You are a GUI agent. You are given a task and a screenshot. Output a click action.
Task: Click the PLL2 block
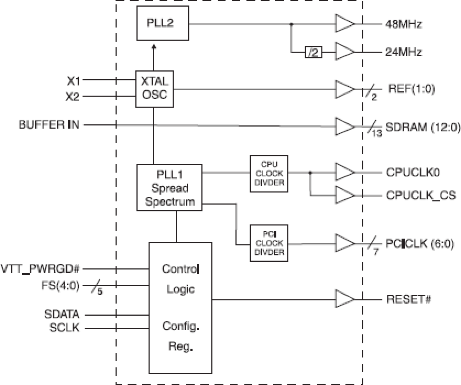pyautogui.click(x=163, y=23)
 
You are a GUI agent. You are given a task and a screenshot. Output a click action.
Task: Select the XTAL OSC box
pyautogui.click(x=155, y=89)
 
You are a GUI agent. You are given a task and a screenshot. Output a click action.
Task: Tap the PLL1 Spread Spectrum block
pyautogui.click(x=169, y=188)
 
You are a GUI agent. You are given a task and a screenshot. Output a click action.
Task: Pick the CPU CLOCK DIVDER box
pyautogui.click(x=269, y=174)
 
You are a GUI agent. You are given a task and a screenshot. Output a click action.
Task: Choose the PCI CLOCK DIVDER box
pyautogui.click(x=269, y=243)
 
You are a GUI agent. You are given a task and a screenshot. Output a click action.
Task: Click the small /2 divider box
pyautogui.click(x=313, y=52)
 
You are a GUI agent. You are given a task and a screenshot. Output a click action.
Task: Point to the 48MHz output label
pyautogui.click(x=403, y=24)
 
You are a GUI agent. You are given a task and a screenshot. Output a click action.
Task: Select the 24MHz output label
pyautogui.click(x=403, y=52)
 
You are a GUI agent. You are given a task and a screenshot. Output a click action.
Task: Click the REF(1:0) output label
pyautogui.click(x=411, y=88)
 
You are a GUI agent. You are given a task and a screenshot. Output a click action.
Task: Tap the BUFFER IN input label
pyautogui.click(x=49, y=125)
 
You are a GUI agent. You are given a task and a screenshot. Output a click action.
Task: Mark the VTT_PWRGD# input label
pyautogui.click(x=40, y=269)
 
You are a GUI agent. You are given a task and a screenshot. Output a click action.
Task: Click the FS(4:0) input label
pyautogui.click(x=60, y=285)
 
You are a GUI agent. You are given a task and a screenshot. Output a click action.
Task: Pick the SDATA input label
pyautogui.click(x=62, y=314)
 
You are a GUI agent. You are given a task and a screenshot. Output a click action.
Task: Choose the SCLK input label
pyautogui.click(x=64, y=327)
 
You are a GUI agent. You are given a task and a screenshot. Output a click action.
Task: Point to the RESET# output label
pyautogui.click(x=409, y=299)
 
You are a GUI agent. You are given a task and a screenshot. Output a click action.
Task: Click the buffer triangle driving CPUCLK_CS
pyautogui.click(x=344, y=195)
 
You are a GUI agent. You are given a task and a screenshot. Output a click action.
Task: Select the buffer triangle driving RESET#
pyautogui.click(x=344, y=299)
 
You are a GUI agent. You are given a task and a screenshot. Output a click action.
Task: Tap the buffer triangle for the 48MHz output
pyautogui.click(x=344, y=24)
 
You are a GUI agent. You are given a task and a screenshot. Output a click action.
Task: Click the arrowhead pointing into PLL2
pyautogui.click(x=154, y=47)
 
